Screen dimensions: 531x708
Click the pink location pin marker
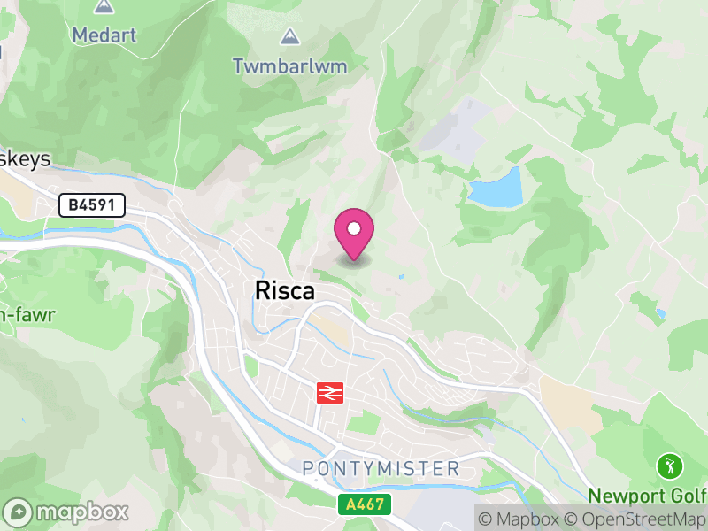click(354, 235)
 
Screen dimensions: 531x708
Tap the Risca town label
click(284, 290)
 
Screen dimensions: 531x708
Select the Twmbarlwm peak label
click(289, 65)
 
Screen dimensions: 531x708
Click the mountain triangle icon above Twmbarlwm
click(289, 37)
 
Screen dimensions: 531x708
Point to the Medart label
click(104, 35)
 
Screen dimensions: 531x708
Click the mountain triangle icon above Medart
click(104, 7)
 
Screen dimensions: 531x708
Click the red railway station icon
click(330, 391)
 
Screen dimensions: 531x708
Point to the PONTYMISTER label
click(381, 468)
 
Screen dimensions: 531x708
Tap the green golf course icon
click(668, 465)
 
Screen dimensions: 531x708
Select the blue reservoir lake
click(496, 188)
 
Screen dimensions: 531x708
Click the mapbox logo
click(67, 512)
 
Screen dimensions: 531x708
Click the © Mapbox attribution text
click(522, 519)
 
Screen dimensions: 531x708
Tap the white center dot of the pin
click(354, 230)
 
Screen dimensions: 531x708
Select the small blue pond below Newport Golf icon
click(660, 314)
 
